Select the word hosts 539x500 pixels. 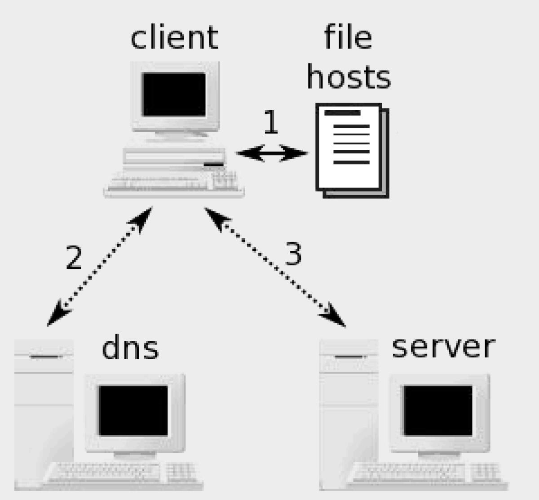pyautogui.click(x=349, y=77)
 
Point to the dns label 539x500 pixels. pyautogui.click(x=130, y=348)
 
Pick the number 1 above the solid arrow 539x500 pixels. pyautogui.click(x=270, y=122)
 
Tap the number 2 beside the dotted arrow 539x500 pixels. pyautogui.click(x=74, y=258)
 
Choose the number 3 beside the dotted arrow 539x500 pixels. pyautogui.click(x=293, y=253)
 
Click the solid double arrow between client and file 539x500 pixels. pyautogui.click(x=272, y=153)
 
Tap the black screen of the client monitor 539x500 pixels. pyautogui.click(x=174, y=94)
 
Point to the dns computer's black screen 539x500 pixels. pyautogui.click(x=133, y=411)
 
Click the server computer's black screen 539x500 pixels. pyautogui.click(x=438, y=411)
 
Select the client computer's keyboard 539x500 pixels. pyautogui.click(x=173, y=185)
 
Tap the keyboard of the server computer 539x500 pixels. pyautogui.click(x=431, y=474)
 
